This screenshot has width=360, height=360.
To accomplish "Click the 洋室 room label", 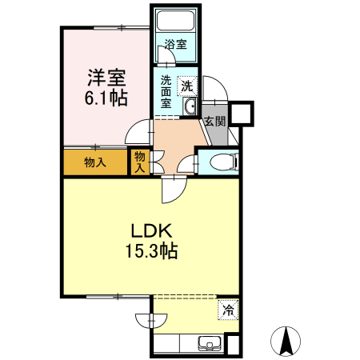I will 106,78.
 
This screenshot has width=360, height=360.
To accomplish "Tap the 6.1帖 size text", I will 106,98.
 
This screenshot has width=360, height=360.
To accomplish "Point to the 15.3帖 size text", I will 150,250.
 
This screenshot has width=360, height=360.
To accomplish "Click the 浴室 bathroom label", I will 176,45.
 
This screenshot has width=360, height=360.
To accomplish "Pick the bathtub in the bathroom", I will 175,22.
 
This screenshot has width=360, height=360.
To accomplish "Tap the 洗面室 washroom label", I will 166,90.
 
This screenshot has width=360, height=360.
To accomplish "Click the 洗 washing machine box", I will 186,85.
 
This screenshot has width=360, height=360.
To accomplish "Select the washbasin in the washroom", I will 190,106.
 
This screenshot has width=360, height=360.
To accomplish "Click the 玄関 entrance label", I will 214,122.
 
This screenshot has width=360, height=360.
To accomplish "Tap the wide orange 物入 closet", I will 95,163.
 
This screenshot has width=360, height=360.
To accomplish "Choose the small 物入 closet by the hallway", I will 139,162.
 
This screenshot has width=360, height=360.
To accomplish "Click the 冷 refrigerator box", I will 228,310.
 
